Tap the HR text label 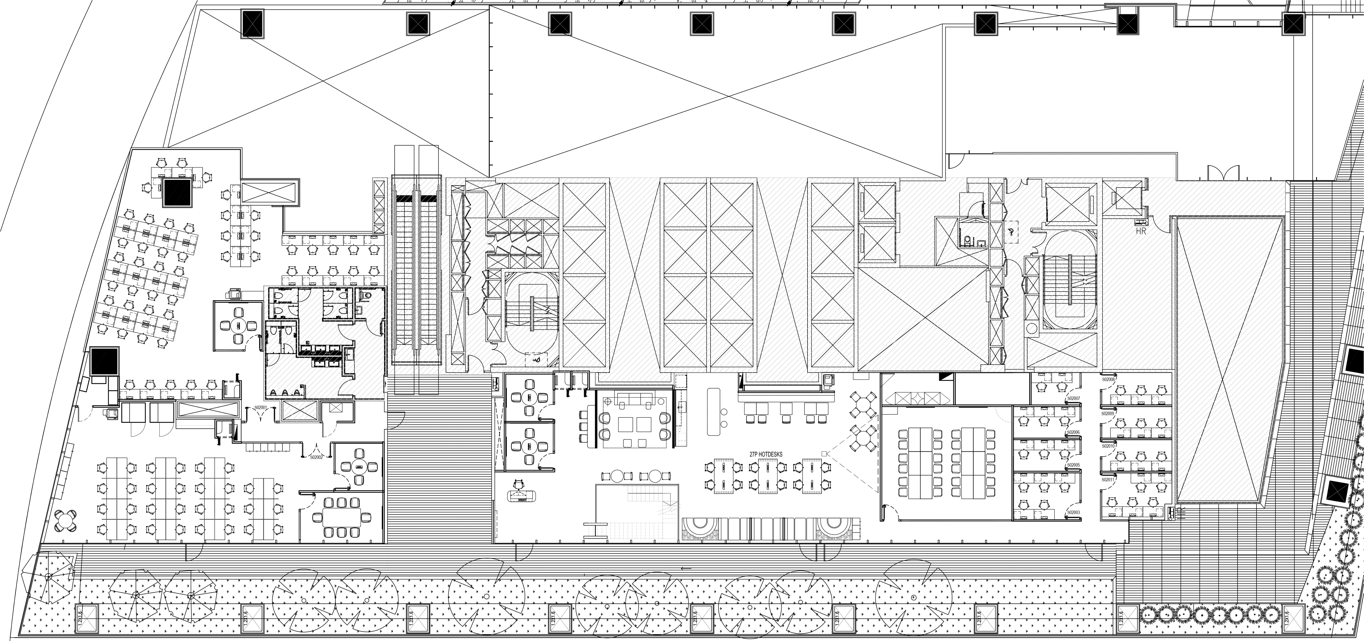(1141, 231)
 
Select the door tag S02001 (260, 407)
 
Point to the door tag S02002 (316, 456)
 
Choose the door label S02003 (1073, 513)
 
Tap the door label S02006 (1073, 432)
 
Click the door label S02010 (1108, 446)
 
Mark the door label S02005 (1073, 465)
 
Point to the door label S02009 (1108, 413)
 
